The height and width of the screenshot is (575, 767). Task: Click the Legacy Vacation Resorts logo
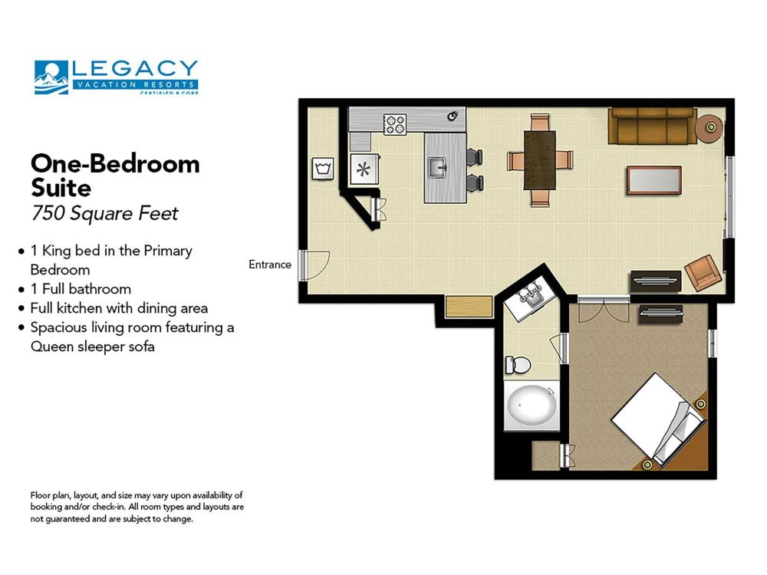(x=116, y=77)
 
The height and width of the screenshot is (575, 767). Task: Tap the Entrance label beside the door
(x=270, y=264)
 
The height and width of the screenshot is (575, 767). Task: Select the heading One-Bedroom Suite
(x=115, y=175)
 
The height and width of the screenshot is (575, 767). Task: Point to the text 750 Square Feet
(x=104, y=213)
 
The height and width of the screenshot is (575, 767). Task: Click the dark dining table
(x=540, y=159)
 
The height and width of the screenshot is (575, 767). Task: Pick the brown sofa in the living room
(x=653, y=126)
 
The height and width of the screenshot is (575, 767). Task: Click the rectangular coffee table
(x=653, y=180)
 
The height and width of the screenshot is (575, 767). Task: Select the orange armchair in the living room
(x=703, y=272)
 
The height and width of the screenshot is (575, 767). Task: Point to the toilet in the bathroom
(x=518, y=363)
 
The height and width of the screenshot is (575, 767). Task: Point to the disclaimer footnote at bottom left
(x=137, y=507)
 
